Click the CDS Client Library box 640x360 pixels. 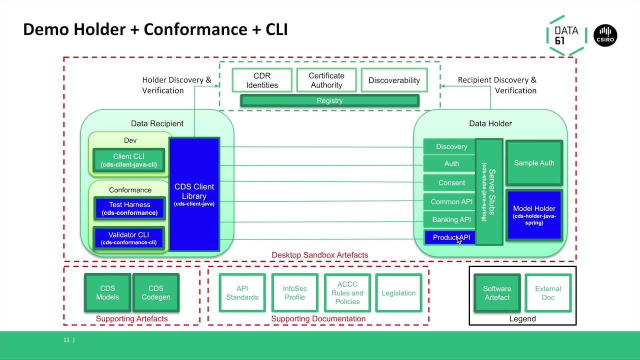194,194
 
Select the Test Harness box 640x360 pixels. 129,208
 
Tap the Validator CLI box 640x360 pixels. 129,238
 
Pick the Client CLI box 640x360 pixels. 128,160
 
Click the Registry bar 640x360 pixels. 329,101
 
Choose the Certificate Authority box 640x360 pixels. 326,80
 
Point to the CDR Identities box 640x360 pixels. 262,80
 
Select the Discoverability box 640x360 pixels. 394,80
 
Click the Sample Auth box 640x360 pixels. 534,163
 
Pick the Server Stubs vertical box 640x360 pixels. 488,192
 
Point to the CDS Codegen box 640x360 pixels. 156,292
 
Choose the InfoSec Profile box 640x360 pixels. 294,292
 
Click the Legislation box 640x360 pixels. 398,293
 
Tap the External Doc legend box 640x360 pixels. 548,292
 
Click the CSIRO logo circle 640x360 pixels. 605,35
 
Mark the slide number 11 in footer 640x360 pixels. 66,340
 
